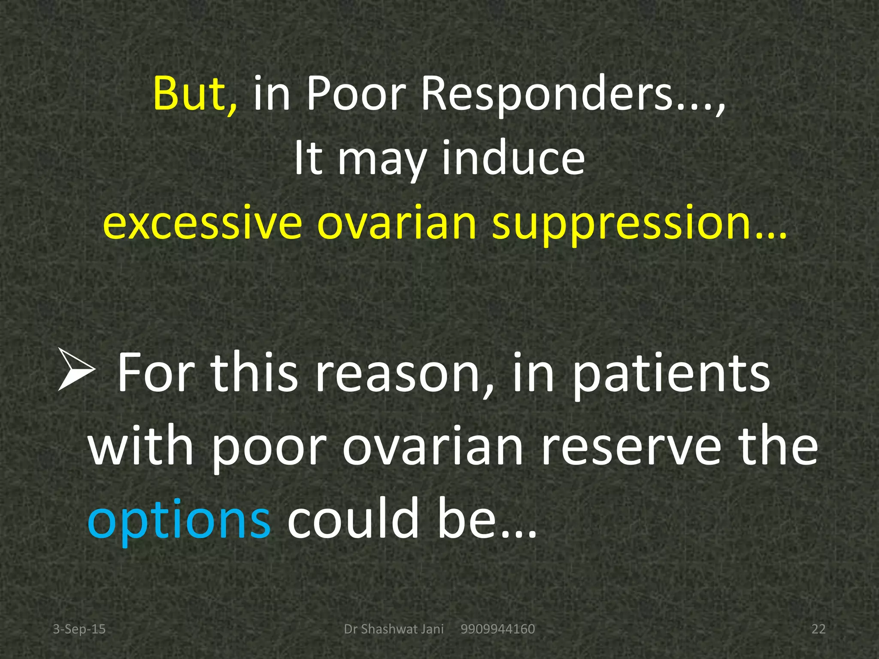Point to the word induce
[513, 159]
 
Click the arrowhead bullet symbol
[76, 369]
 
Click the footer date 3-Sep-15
[79, 629]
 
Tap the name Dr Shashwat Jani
[394, 629]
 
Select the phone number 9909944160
[497, 629]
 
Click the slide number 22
[818, 629]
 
